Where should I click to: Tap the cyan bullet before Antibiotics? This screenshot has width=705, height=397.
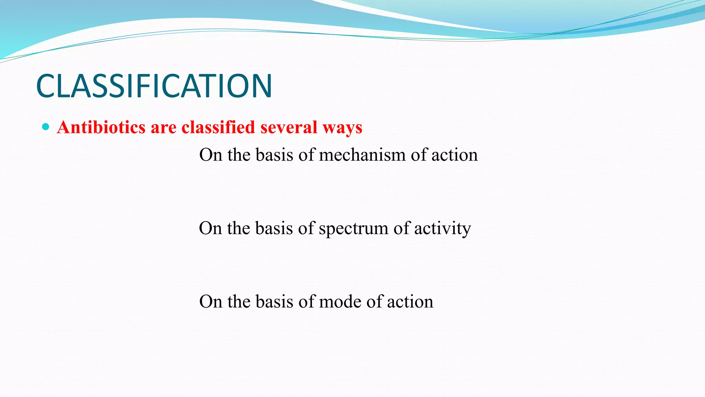45,127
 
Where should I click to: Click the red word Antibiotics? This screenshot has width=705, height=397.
101,127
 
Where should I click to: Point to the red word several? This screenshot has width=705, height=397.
288,127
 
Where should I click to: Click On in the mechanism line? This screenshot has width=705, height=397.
210,155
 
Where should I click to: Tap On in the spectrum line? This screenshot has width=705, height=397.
210,228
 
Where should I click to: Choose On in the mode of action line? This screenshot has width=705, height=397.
210,302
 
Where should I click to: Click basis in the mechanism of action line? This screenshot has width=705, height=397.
274,155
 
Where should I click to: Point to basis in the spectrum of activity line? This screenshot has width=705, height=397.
274,228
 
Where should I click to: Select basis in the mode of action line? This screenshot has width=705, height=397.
274,302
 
